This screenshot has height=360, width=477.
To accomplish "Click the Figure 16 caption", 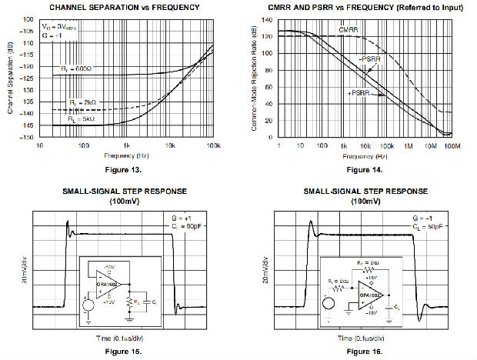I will [x=360, y=352].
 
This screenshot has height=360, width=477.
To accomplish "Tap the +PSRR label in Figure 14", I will [x=358, y=92].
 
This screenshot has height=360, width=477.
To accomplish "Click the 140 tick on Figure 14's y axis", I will [x=266, y=18].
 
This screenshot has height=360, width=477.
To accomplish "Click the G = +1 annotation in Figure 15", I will [x=182, y=219].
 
